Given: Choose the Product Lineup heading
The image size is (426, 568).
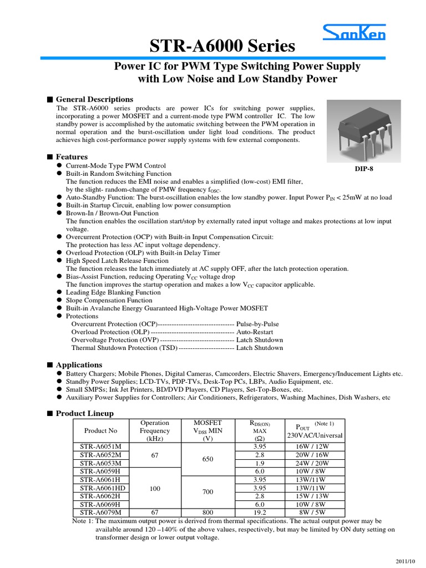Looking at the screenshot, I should coord(85,413).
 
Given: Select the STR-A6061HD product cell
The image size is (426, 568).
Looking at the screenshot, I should coord(103,488).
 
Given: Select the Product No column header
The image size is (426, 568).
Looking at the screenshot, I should coord(100,430).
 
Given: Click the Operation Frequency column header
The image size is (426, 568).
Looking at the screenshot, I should coord(155,430).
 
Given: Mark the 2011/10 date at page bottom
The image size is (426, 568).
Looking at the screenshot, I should coord(408,559).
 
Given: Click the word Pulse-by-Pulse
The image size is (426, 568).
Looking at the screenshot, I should coord(257,324).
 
